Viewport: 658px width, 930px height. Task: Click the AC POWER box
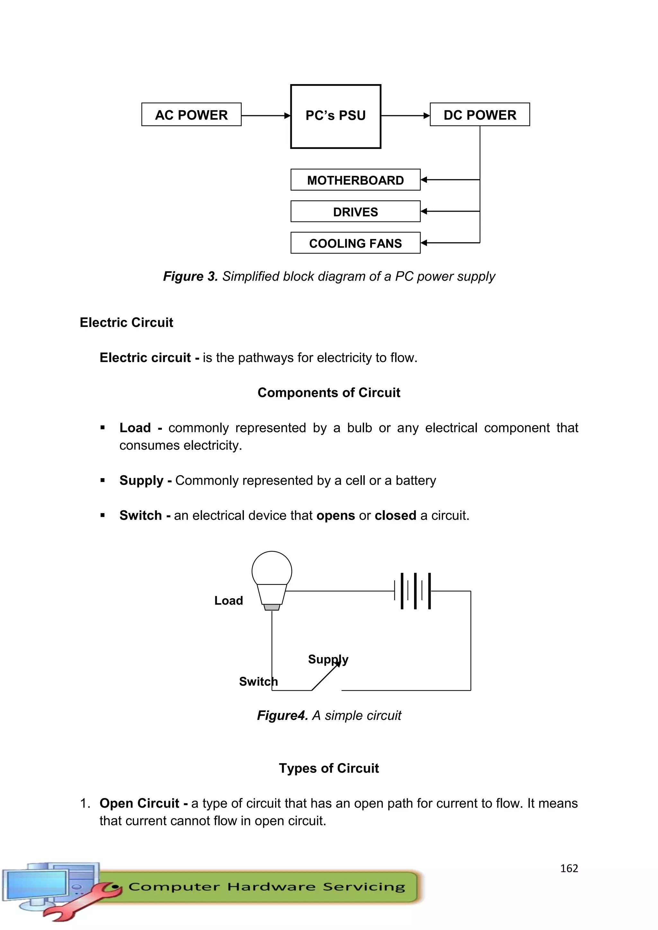point(191,115)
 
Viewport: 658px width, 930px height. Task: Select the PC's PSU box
point(335,116)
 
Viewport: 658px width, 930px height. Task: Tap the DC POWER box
point(480,115)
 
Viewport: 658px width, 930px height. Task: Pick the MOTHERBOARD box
point(355,180)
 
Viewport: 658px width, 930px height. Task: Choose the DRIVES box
point(355,211)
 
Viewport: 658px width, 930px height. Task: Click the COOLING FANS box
point(355,243)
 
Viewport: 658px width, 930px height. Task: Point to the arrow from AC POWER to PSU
point(265,116)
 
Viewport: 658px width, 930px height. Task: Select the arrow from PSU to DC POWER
point(405,116)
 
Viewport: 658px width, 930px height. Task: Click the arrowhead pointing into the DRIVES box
point(424,211)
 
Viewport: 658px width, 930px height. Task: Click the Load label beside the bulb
point(228,601)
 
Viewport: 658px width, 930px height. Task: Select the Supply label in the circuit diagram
point(328,659)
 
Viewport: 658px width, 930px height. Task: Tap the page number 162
point(569,868)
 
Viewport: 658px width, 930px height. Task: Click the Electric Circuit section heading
point(126,322)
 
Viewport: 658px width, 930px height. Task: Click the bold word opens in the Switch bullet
point(335,516)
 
